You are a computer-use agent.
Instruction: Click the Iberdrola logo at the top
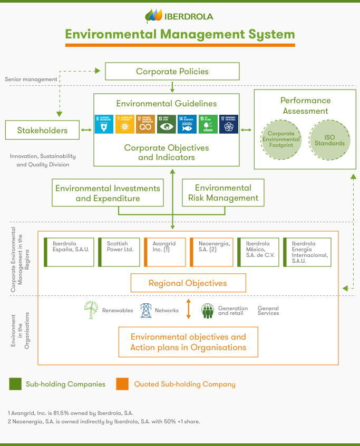(x=179, y=16)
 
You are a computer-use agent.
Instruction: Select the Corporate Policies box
(x=172, y=71)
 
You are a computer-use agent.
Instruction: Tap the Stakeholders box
(x=42, y=130)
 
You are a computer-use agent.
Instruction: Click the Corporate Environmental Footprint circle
(x=280, y=139)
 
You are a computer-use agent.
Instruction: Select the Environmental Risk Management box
(x=223, y=193)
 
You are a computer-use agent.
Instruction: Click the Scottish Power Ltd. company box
(x=119, y=252)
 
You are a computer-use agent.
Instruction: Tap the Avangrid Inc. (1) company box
(x=164, y=252)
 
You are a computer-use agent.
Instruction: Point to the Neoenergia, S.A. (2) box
(x=211, y=252)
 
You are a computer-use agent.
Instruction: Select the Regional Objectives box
(x=188, y=283)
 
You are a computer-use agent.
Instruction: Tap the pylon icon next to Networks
(x=145, y=310)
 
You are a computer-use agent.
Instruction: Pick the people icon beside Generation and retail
(x=208, y=311)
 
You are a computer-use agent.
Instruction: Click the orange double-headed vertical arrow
(x=188, y=309)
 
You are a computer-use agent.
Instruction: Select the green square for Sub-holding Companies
(x=15, y=384)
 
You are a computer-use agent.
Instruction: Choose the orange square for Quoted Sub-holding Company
(x=122, y=384)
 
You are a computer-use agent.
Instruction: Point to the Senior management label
(x=31, y=79)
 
